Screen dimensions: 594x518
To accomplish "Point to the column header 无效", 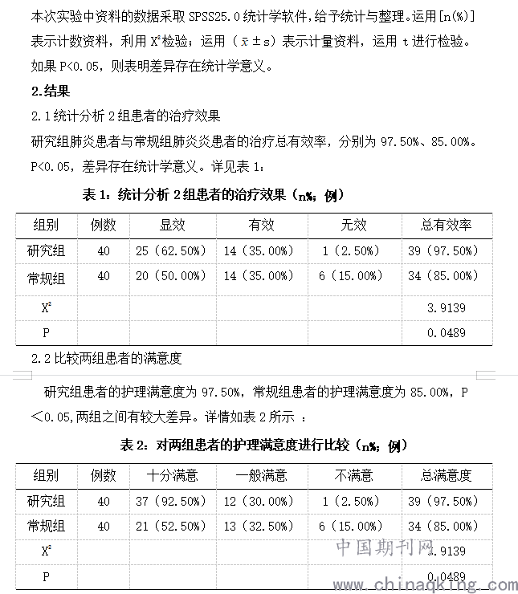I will [353, 225].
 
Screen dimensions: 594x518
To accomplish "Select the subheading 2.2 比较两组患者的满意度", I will [107, 358].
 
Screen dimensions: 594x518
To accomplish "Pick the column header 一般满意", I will [261, 475].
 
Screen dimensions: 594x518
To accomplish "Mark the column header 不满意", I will [353, 475].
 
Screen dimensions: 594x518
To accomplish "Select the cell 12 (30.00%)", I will [261, 501].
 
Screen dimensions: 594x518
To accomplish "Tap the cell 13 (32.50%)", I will [261, 527].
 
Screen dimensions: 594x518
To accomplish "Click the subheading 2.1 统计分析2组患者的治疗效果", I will [124, 116].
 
